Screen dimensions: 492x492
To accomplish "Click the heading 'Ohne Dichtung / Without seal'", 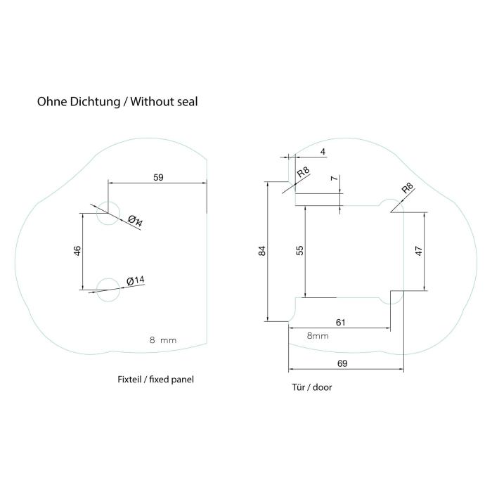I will click(x=117, y=101).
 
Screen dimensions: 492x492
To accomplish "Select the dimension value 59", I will click(x=158, y=177).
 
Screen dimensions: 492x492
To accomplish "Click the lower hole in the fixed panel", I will click(x=108, y=288).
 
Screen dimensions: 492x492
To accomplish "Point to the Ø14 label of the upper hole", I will click(x=136, y=221).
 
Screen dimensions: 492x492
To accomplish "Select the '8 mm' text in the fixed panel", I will click(x=163, y=340).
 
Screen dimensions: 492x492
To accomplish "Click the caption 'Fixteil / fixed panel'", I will click(x=155, y=379).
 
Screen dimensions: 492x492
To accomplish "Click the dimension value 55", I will click(x=299, y=250).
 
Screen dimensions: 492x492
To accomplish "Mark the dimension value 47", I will click(x=419, y=252).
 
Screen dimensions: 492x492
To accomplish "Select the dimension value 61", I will click(x=340, y=323).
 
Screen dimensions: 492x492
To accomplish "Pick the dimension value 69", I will click(x=342, y=363).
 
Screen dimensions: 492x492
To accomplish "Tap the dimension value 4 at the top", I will click(x=323, y=151).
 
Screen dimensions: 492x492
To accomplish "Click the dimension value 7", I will click(x=335, y=179).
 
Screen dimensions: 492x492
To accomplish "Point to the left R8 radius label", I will click(x=303, y=173).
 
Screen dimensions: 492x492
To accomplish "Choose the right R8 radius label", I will click(x=408, y=188).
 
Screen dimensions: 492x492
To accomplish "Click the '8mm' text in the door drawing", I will click(x=318, y=336).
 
